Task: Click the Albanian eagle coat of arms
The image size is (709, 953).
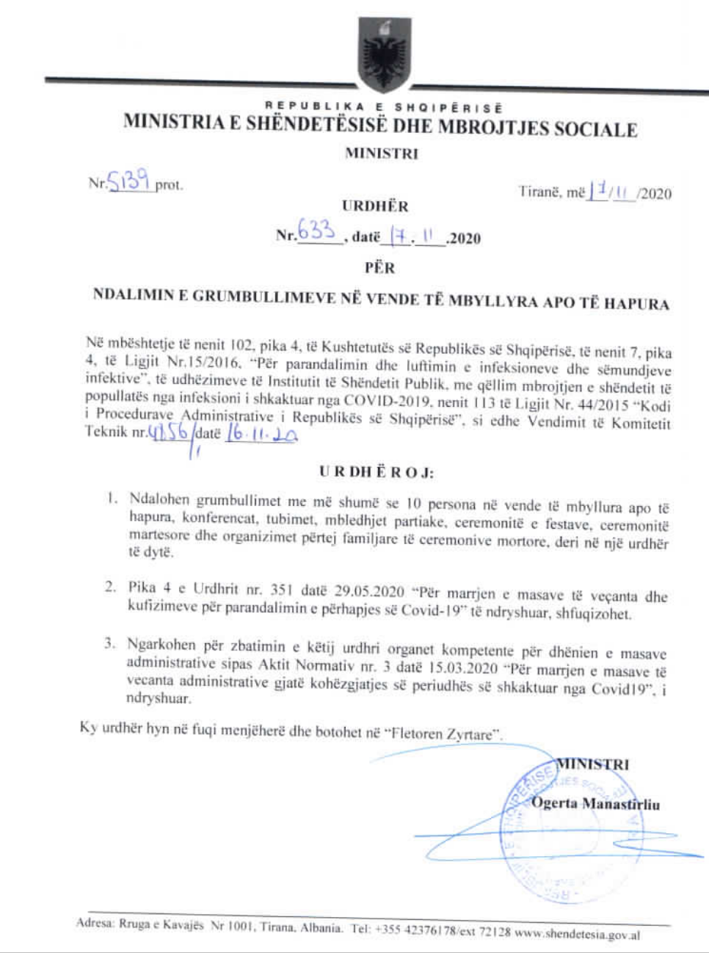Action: click(x=382, y=53)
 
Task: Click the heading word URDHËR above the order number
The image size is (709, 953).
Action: click(x=374, y=206)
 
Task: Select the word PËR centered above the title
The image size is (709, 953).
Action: click(x=379, y=268)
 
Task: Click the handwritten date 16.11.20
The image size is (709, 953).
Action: click(x=261, y=434)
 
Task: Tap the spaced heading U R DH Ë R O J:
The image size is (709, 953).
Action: click(x=376, y=472)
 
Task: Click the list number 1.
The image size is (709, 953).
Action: click(x=111, y=499)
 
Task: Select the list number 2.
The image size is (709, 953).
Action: click(x=110, y=587)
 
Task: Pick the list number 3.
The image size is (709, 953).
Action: click(x=109, y=644)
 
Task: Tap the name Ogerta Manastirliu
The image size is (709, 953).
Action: click(x=595, y=803)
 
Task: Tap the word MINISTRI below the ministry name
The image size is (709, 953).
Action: click(x=381, y=153)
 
